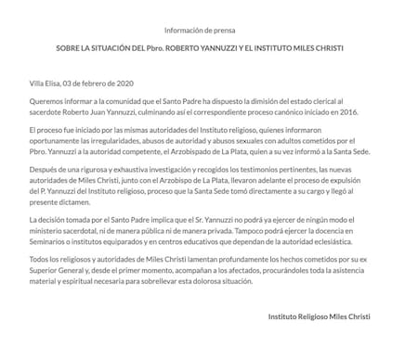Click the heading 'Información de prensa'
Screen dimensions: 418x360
(x=208, y=30)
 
